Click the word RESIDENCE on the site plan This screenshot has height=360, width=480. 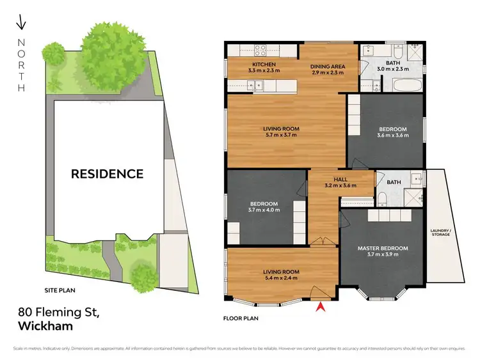tap(107, 173)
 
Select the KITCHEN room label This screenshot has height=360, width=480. tap(246, 65)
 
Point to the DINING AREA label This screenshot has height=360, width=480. tap(328, 65)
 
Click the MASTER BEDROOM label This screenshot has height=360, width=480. tap(382, 248)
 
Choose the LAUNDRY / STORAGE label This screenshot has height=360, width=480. tap(441, 232)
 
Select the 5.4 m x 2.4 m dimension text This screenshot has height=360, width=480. tap(281, 278)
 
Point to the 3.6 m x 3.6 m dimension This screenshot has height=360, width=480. tap(392, 136)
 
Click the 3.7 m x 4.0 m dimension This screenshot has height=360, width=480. tap(262, 210)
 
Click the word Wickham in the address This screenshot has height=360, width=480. tap(45, 325)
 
